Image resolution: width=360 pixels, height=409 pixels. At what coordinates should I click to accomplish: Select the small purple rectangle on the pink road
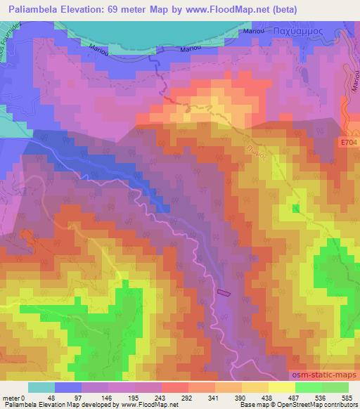224,292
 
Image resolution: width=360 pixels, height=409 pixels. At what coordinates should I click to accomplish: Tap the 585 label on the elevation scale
348,398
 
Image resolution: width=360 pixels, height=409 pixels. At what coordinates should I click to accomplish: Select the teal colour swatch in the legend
41,387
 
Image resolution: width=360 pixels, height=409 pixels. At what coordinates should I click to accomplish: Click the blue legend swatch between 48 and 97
69,387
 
